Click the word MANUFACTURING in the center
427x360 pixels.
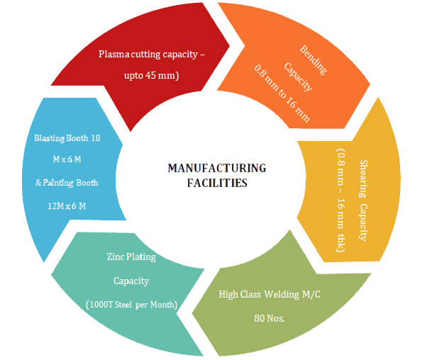217,168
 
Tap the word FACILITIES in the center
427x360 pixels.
217,182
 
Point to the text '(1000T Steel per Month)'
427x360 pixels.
131,305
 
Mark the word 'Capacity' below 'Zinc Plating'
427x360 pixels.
131,281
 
